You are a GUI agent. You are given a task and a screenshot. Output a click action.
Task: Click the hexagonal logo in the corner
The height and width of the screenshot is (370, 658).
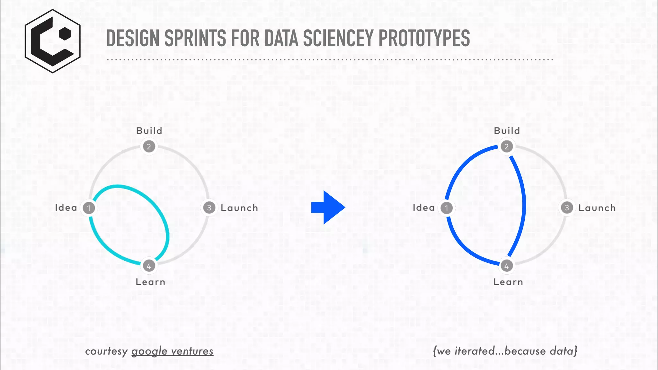coord(53,41)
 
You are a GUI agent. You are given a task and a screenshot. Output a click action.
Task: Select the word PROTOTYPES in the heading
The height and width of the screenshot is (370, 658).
coord(424,39)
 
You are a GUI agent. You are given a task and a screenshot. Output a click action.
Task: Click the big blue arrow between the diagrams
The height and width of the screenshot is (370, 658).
coord(328,207)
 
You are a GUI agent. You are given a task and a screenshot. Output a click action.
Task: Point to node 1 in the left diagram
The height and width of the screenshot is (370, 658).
coord(89,208)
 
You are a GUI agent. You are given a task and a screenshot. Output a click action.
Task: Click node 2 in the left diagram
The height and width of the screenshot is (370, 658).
coord(149,147)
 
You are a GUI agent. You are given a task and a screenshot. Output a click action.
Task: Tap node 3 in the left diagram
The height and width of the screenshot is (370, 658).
coord(209,208)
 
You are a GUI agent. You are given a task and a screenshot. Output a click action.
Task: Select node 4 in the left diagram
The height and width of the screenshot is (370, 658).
coord(149,266)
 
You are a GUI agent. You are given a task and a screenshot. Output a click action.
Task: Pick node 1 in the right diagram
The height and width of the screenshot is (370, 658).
coord(447,208)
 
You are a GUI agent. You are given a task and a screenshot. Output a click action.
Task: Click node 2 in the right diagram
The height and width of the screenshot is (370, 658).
coord(507,147)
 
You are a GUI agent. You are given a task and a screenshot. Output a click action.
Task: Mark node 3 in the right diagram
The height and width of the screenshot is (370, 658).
coord(567,208)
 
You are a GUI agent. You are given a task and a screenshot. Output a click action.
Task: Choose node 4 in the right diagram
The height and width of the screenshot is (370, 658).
coord(507,266)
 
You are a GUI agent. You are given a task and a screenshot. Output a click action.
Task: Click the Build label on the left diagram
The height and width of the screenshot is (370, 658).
coord(149,131)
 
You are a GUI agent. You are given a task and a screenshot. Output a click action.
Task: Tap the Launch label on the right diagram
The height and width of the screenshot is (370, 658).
coord(597,208)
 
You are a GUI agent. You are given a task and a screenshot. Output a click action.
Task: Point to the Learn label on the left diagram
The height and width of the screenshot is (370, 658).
coord(150,282)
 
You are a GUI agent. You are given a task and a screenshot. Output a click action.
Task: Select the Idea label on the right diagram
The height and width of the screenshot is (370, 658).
coord(423,208)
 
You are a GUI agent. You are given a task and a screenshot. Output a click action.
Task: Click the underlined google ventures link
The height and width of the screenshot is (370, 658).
coord(172,351)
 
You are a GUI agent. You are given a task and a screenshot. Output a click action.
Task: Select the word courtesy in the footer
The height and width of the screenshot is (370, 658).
coord(106,351)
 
